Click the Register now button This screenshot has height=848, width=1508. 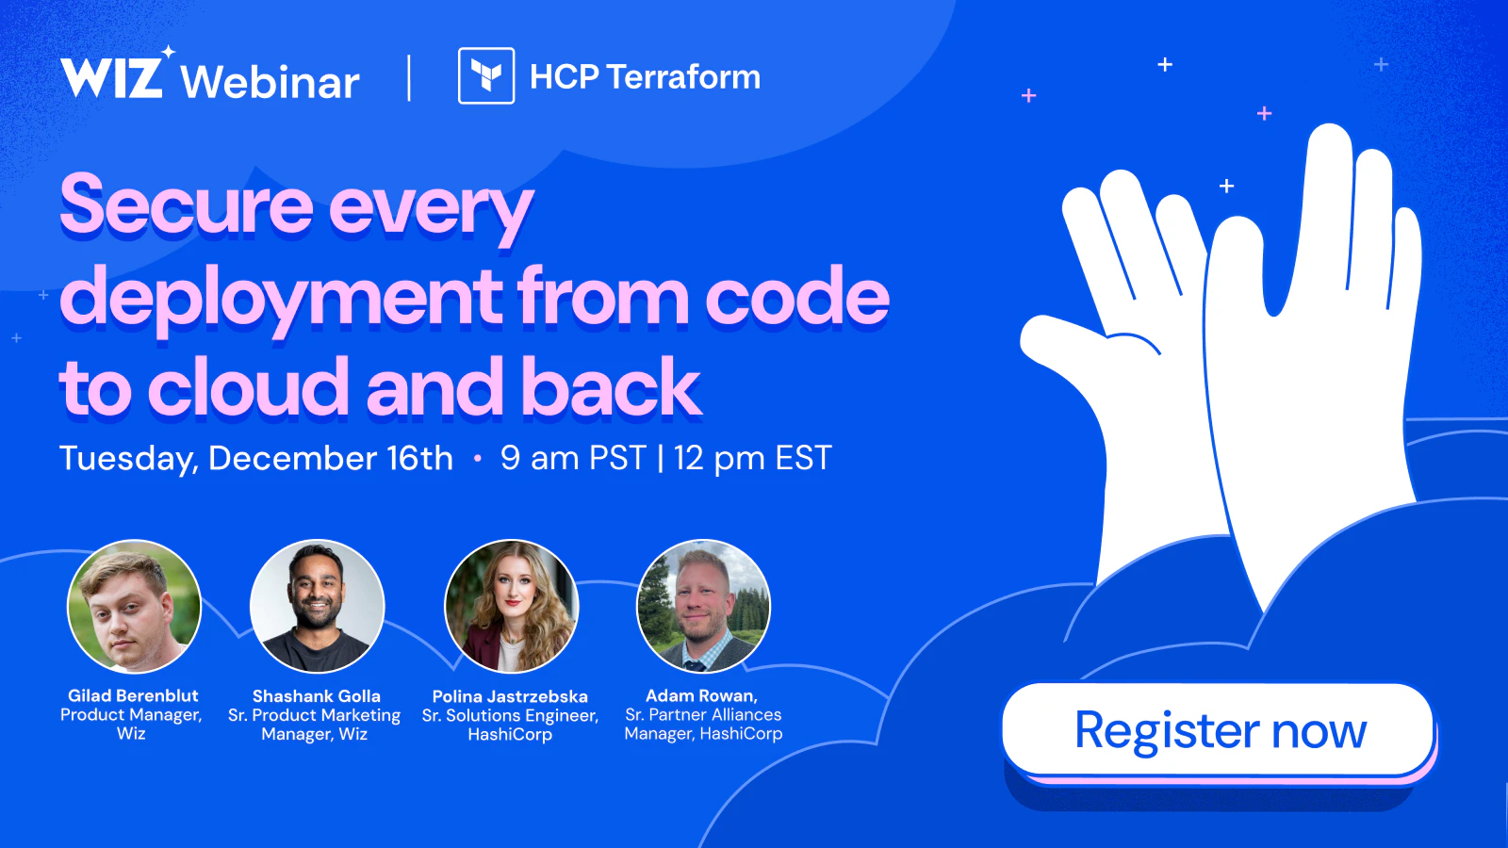click(1219, 731)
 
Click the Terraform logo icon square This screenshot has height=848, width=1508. click(486, 75)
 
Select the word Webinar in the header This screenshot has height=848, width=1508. click(270, 82)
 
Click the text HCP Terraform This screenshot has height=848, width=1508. click(645, 76)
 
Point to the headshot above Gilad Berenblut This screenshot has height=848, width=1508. click(134, 607)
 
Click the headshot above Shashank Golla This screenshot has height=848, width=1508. click(317, 607)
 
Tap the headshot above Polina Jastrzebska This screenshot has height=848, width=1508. click(511, 607)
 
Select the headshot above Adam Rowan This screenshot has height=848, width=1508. click(703, 607)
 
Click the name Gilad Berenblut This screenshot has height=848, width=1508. click(133, 695)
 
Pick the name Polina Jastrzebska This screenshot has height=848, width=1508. click(510, 696)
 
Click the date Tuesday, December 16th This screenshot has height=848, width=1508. click(255, 459)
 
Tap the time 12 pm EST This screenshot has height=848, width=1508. click(753, 458)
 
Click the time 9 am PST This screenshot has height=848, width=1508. click(573, 458)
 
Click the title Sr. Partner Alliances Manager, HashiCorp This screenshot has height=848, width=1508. click(703, 724)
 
